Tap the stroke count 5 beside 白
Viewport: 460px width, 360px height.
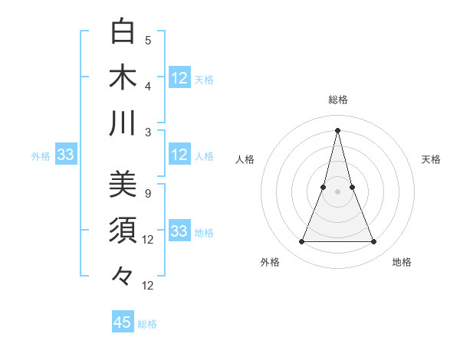(x=148, y=41)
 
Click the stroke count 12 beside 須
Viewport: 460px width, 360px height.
(x=148, y=240)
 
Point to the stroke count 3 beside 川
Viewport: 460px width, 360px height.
(x=148, y=132)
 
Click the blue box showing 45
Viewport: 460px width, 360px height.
(x=123, y=322)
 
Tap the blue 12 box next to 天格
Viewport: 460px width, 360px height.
(x=179, y=78)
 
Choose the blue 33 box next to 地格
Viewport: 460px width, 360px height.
(x=179, y=231)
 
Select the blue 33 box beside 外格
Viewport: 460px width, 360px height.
(x=65, y=155)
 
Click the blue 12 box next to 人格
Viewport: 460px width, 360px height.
(x=179, y=155)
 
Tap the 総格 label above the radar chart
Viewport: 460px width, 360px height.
(x=338, y=100)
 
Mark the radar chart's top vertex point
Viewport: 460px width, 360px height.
(x=338, y=130)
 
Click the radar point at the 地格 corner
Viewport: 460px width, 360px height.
(x=374, y=242)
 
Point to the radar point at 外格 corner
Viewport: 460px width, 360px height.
(x=302, y=242)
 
